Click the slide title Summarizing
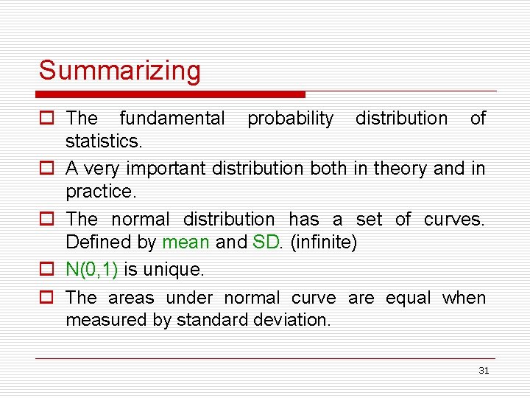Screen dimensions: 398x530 tap(119, 71)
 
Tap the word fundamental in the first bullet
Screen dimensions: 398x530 tap(172, 119)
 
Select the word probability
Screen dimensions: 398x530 tap(290, 119)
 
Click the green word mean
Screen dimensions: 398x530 tap(185, 241)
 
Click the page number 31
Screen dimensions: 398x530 tap(484, 371)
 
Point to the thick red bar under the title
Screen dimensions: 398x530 tap(171, 94)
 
